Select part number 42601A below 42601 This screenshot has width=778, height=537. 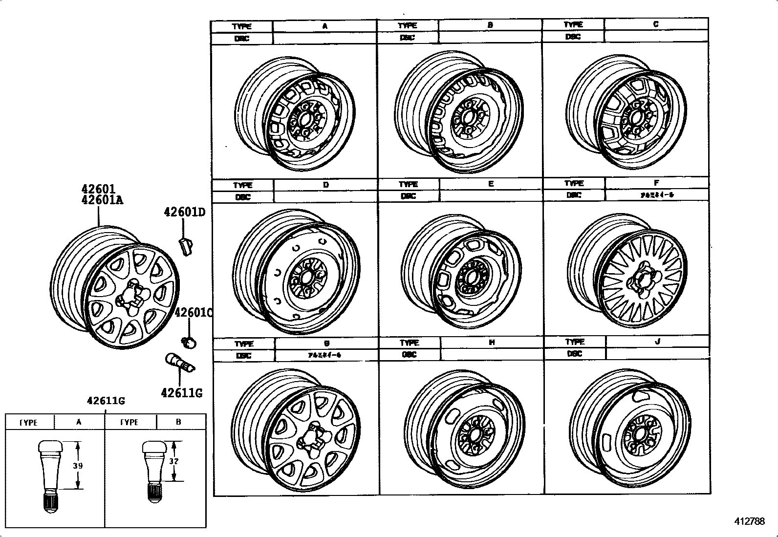[x=102, y=200]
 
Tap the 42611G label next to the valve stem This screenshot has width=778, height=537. [x=181, y=392]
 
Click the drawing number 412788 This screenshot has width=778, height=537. [x=749, y=521]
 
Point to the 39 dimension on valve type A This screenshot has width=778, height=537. [x=78, y=466]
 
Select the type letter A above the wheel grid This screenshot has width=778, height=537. [x=324, y=26]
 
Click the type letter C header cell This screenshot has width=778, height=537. [x=655, y=24]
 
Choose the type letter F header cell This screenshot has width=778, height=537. [x=656, y=183]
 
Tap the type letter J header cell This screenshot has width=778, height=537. [x=657, y=342]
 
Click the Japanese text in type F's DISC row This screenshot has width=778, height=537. [x=656, y=195]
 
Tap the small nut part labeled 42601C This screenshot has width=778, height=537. [x=190, y=342]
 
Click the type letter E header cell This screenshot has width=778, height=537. [x=491, y=184]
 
